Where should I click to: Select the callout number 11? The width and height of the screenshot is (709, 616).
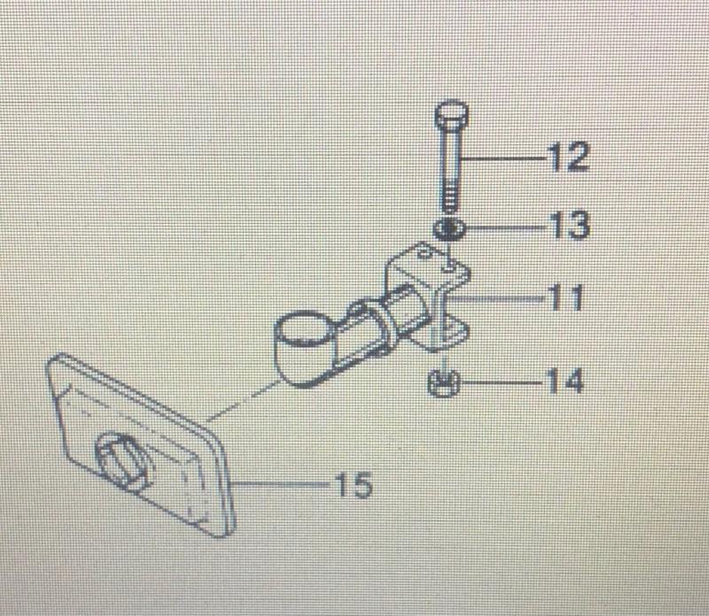point(564,299)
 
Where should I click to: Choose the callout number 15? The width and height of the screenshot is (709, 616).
point(354,485)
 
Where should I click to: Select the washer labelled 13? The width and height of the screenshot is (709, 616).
point(448,229)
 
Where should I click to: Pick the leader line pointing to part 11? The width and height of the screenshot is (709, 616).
point(505,299)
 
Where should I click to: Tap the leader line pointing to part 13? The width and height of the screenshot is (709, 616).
point(501,227)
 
